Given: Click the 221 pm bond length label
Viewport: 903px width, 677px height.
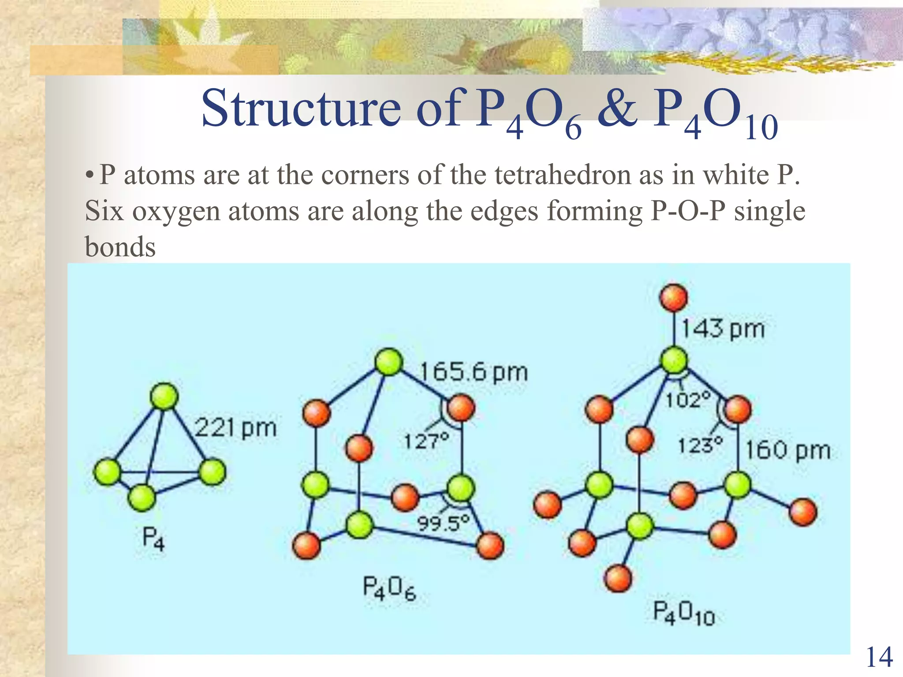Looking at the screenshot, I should click(235, 428).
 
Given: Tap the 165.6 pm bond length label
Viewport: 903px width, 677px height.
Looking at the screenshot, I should click(473, 372).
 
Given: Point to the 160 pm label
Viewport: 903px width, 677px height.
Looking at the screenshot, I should click(787, 450).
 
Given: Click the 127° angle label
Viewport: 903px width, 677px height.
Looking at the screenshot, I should click(426, 441).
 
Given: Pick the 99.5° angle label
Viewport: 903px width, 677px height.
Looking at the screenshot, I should click(443, 524).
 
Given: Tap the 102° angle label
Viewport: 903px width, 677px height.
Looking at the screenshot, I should click(688, 400).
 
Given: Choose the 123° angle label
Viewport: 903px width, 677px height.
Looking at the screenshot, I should click(700, 446).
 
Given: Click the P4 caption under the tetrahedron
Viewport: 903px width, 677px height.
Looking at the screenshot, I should click(153, 539).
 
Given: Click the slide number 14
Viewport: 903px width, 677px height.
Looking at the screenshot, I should click(879, 658).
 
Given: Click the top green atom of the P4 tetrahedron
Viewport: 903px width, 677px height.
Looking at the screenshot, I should click(164, 396).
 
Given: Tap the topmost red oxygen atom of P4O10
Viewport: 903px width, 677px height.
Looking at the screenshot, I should click(674, 298).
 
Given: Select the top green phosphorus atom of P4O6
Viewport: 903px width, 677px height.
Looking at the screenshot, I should click(388, 362).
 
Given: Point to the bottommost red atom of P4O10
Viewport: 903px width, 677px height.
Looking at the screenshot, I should click(618, 579).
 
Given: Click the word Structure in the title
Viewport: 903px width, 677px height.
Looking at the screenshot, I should click(301, 108).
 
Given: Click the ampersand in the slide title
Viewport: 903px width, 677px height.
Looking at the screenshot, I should click(617, 108).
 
